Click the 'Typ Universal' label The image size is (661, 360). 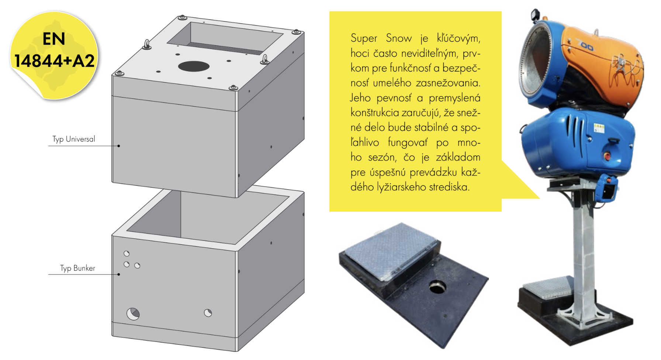coord(74,139)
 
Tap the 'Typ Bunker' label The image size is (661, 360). coord(77,268)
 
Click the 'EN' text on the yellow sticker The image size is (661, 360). coord(54,39)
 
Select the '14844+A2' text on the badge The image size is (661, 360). coord(54,61)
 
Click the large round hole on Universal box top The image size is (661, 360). coord(194,66)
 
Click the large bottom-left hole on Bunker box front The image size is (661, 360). coord(133,314)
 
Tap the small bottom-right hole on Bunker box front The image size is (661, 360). coord(208,313)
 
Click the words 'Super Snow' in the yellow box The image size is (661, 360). coord(381,38)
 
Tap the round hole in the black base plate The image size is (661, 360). coord(438,287)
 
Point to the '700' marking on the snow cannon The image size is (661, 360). coord(585,46)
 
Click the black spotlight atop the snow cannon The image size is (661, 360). coord(534,15)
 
